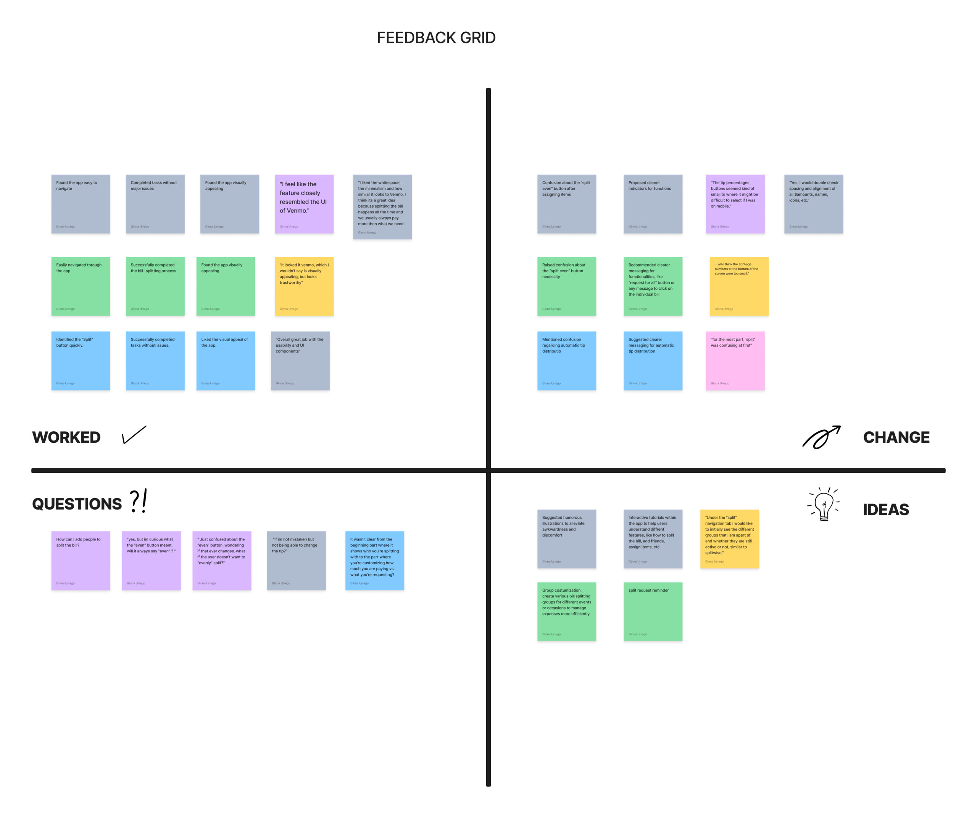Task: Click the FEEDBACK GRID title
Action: click(436, 38)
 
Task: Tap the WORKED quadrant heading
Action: click(66, 437)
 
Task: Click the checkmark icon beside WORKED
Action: click(134, 435)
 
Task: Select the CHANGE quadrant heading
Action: click(896, 437)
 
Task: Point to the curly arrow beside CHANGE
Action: click(821, 437)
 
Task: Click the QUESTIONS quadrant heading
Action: click(77, 504)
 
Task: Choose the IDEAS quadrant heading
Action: click(886, 510)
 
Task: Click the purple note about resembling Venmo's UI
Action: click(304, 204)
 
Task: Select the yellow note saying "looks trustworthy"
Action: click(304, 286)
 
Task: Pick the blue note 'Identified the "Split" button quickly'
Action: click(81, 361)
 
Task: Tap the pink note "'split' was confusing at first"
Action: click(735, 361)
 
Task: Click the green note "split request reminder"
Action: click(653, 611)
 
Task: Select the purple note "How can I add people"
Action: click(81, 561)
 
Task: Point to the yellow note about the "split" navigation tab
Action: click(729, 539)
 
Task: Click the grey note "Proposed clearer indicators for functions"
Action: click(653, 204)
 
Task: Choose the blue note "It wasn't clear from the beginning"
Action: click(374, 561)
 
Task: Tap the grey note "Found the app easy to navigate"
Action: click(81, 204)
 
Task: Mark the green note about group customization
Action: click(567, 611)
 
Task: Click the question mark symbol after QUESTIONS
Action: click(135, 501)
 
